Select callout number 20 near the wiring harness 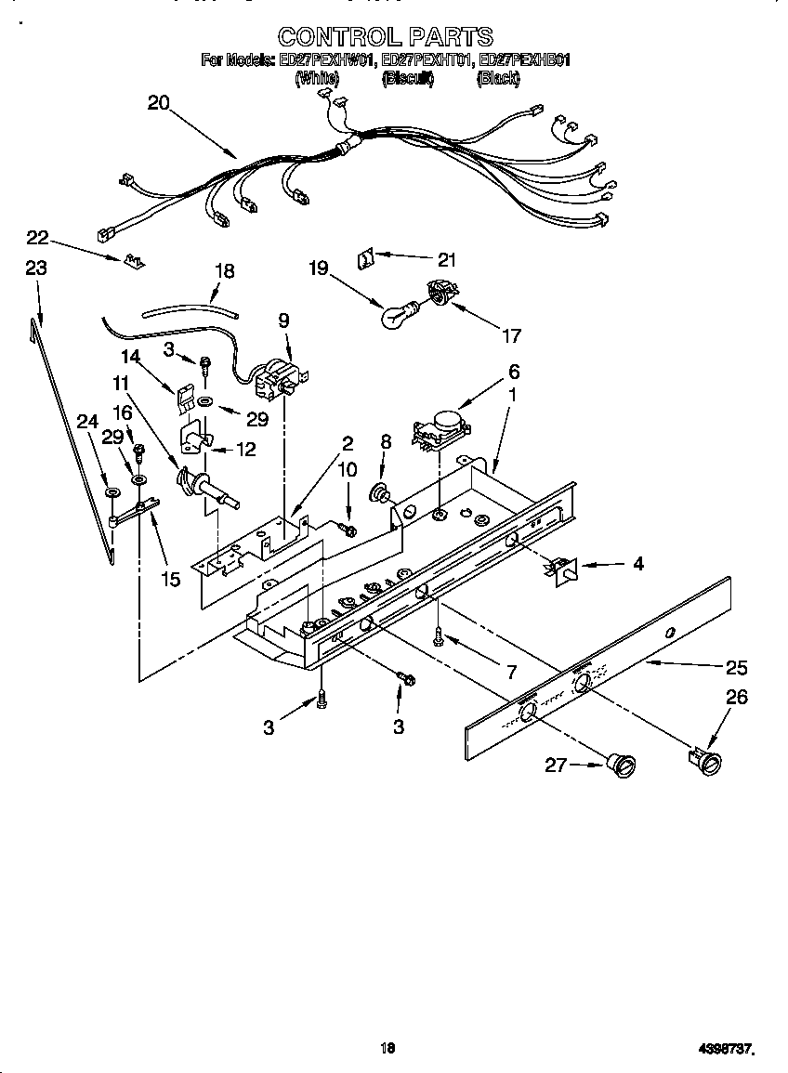tap(159, 103)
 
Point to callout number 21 tap(447, 260)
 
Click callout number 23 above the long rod tap(35, 268)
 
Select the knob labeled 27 tap(623, 764)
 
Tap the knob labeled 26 tap(708, 761)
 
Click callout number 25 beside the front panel tap(737, 667)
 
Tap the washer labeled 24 tap(111, 492)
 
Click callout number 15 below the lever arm tap(170, 581)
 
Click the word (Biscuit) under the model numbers tap(408, 80)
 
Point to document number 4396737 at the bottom tap(724, 1049)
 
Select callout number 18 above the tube tap(224, 271)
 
